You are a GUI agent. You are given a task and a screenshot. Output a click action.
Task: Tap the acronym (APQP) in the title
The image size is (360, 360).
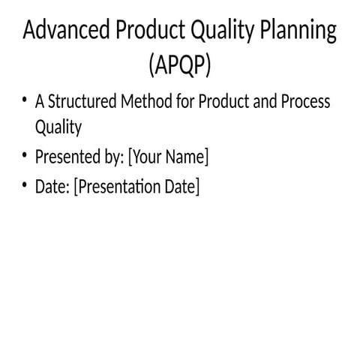(180, 66)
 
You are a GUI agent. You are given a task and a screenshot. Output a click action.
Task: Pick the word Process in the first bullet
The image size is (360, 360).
(304, 102)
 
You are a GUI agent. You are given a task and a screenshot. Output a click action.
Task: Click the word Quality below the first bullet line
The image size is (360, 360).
(58, 128)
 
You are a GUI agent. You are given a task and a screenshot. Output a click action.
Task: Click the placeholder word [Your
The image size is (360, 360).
(147, 157)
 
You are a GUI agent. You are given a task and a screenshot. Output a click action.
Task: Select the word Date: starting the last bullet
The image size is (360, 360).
(52, 186)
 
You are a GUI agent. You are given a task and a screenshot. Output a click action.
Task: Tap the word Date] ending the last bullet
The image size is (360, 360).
(184, 186)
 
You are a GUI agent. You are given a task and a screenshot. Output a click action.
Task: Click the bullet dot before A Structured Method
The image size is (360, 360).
(25, 100)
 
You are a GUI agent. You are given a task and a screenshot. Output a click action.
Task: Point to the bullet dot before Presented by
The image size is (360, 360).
(25, 156)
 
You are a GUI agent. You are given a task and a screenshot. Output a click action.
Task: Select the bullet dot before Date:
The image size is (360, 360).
(25, 184)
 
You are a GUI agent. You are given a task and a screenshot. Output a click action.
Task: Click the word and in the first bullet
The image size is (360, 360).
(265, 102)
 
